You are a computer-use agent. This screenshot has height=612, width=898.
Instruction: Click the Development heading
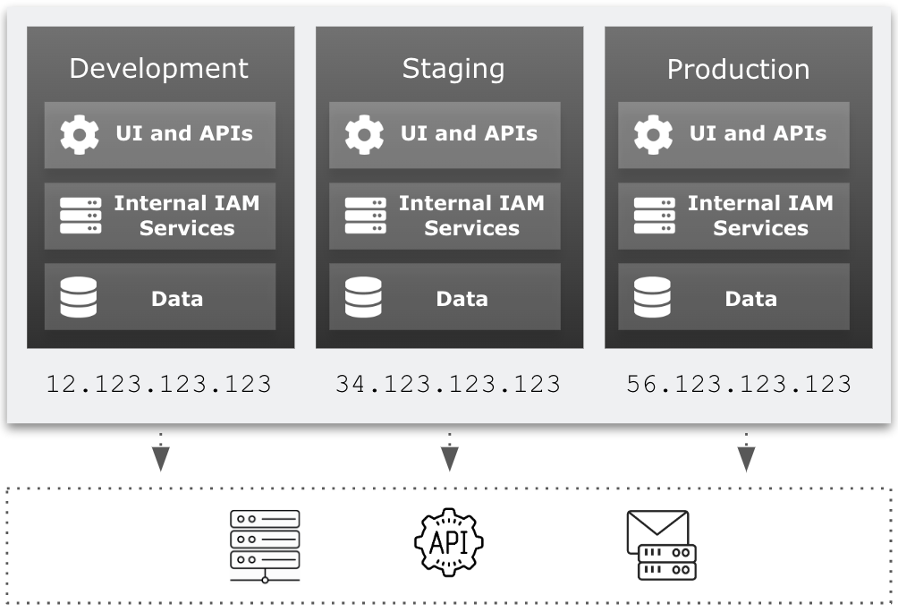[x=159, y=69]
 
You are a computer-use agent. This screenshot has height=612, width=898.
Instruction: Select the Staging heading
[x=453, y=69]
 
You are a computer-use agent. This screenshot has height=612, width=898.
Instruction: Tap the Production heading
[x=738, y=69]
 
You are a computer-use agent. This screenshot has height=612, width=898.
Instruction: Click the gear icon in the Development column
[x=80, y=134]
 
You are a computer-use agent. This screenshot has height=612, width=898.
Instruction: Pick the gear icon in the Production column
[x=653, y=134]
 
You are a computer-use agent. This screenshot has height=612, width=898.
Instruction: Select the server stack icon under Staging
[x=365, y=216]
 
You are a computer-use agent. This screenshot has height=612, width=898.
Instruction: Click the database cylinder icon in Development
[x=79, y=298]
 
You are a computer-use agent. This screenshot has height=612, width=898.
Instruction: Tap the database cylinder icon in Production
[x=652, y=298]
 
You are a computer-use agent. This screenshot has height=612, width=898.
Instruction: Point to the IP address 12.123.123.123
[x=159, y=384]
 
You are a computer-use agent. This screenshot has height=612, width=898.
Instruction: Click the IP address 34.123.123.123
[x=448, y=384]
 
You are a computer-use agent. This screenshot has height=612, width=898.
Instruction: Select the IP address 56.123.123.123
[x=738, y=384]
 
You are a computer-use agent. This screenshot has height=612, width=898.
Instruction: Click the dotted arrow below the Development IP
[x=161, y=452]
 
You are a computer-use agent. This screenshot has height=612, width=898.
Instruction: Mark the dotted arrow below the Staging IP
[x=450, y=452]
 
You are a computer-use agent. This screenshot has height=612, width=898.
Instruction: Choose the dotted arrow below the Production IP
[x=746, y=452]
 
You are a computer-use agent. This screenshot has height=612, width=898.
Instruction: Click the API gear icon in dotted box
[x=448, y=542]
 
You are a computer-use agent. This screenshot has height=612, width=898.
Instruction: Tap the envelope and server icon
[x=661, y=545]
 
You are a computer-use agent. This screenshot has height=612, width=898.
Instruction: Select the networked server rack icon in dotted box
[x=265, y=546]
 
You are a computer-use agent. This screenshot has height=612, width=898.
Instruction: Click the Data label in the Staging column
[x=462, y=299]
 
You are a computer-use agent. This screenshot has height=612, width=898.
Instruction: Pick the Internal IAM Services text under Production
[x=760, y=216]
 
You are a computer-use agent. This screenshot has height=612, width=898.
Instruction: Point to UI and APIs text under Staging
[x=469, y=134]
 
